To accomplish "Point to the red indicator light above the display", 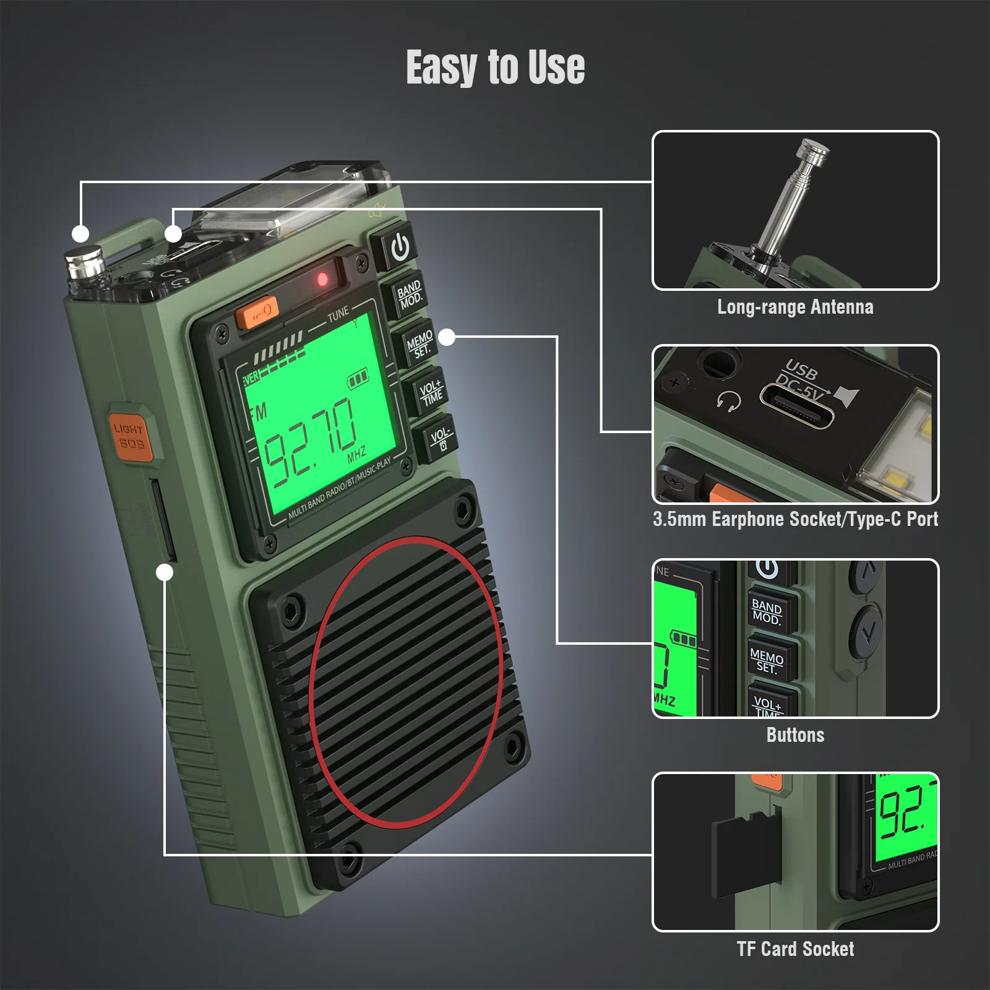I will (x=322, y=279).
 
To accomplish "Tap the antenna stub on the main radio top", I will (x=85, y=263).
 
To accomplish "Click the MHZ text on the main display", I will (x=357, y=454).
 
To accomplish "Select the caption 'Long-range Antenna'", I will (x=795, y=307).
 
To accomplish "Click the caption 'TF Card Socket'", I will (x=795, y=949).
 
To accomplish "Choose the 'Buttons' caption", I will (x=795, y=734).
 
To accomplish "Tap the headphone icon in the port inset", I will (x=730, y=402).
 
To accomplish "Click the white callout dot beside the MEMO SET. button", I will (x=447, y=337).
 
